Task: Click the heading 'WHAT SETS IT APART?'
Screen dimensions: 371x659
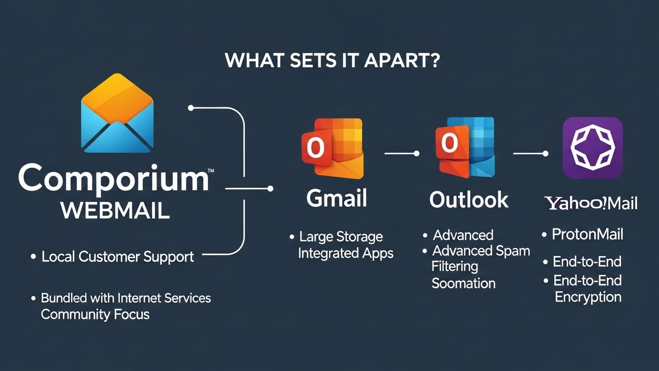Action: [332, 61]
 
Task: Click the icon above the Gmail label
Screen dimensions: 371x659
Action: [332, 148]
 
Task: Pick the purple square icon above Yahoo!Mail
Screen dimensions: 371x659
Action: [592, 148]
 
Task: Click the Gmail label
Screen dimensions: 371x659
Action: [337, 199]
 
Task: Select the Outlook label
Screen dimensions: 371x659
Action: [469, 200]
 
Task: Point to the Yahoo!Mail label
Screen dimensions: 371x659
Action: [591, 203]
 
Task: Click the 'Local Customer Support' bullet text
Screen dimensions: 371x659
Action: [118, 257]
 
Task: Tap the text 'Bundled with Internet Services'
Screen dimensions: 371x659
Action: [126, 298]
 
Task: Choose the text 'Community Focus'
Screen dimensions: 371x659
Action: [95, 314]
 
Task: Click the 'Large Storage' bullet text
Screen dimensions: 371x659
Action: [341, 237]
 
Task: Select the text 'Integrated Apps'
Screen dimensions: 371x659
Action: [346, 253]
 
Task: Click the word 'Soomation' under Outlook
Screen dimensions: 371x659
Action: [463, 283]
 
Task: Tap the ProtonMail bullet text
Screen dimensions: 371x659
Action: [588, 235]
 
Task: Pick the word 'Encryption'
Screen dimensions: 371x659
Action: [588, 297]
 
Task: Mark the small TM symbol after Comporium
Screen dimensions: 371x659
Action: [211, 171]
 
